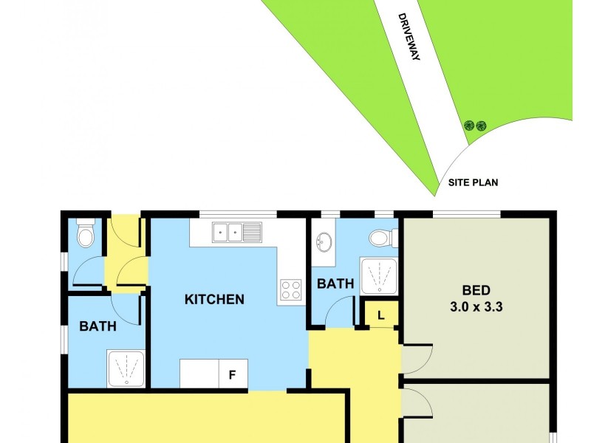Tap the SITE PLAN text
[x=473, y=182]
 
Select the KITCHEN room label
[x=214, y=300]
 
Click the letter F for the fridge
[x=231, y=375]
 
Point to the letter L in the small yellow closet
[x=381, y=315]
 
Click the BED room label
[x=476, y=290]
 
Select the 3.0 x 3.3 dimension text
[x=476, y=306]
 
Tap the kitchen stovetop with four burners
[x=291, y=289]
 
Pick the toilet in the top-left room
[x=86, y=235]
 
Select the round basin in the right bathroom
[x=324, y=241]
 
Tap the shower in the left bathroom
[x=127, y=369]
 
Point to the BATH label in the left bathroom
[x=98, y=326]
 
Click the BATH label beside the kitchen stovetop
[x=335, y=284]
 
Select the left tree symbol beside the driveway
[x=468, y=126]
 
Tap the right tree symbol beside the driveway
[x=481, y=126]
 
